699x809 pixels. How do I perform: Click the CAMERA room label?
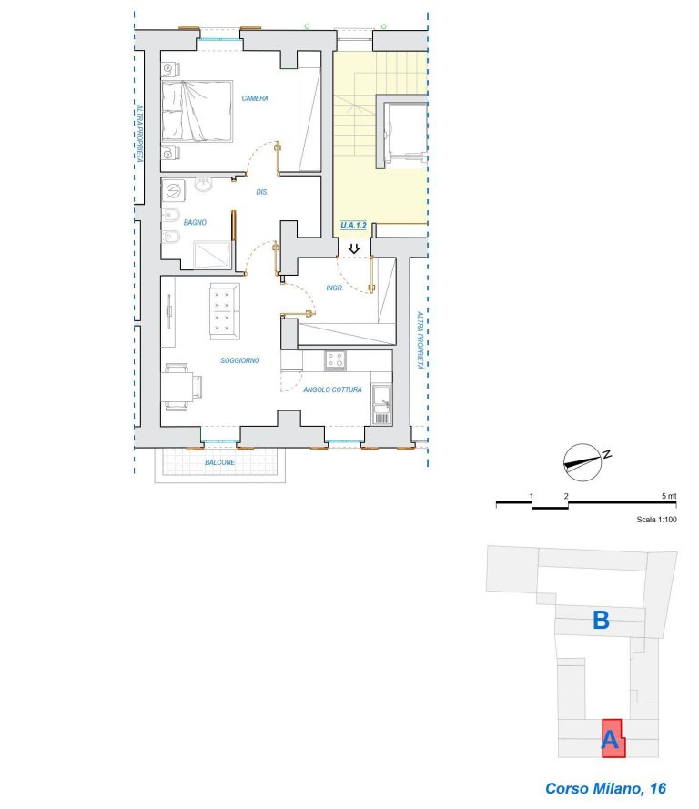click(255, 98)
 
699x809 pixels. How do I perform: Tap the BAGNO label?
click(195, 222)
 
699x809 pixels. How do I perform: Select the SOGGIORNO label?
click(240, 360)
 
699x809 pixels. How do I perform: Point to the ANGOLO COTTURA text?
click(332, 389)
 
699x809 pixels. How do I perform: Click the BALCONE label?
click(219, 462)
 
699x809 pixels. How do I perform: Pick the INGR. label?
click(334, 288)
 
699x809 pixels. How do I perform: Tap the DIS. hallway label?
click(262, 192)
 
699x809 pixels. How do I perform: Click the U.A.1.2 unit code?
click(353, 225)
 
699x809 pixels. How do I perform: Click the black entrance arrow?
click(354, 248)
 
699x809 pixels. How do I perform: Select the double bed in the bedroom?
click(198, 111)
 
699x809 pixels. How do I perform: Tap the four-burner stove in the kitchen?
click(335, 360)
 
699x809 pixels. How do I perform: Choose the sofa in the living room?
click(225, 311)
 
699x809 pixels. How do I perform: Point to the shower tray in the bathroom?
click(212, 255)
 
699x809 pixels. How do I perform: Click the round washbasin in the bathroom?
click(203, 185)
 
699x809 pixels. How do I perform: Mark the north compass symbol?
click(582, 462)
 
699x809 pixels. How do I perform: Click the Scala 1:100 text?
click(656, 520)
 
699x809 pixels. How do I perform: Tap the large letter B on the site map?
click(601, 620)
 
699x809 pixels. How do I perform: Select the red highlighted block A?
click(613, 738)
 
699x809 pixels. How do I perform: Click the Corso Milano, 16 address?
click(605, 788)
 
